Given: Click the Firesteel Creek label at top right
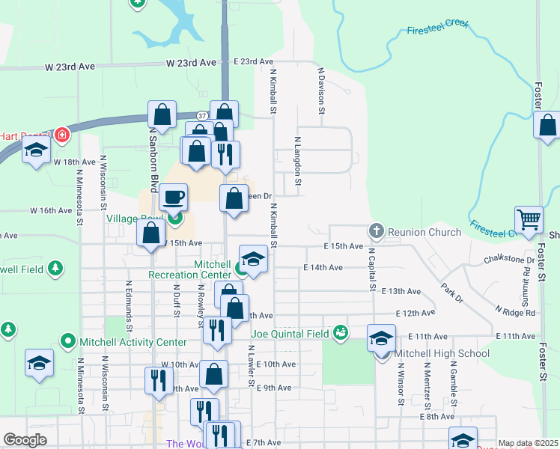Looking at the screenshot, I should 437,28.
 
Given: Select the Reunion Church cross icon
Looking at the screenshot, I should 377,232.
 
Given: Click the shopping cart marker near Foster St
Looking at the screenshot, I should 529,219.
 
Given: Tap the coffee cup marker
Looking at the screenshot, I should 173,198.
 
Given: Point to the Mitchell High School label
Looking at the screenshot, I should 442,354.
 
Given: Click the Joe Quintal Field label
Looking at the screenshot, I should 292,333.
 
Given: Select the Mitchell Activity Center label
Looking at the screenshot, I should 134,343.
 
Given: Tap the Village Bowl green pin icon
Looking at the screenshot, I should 175,219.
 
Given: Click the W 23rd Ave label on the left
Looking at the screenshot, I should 70,67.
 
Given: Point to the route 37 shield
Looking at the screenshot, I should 202,116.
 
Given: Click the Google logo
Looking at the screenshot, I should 25,440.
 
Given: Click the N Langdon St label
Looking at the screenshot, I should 297,160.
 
